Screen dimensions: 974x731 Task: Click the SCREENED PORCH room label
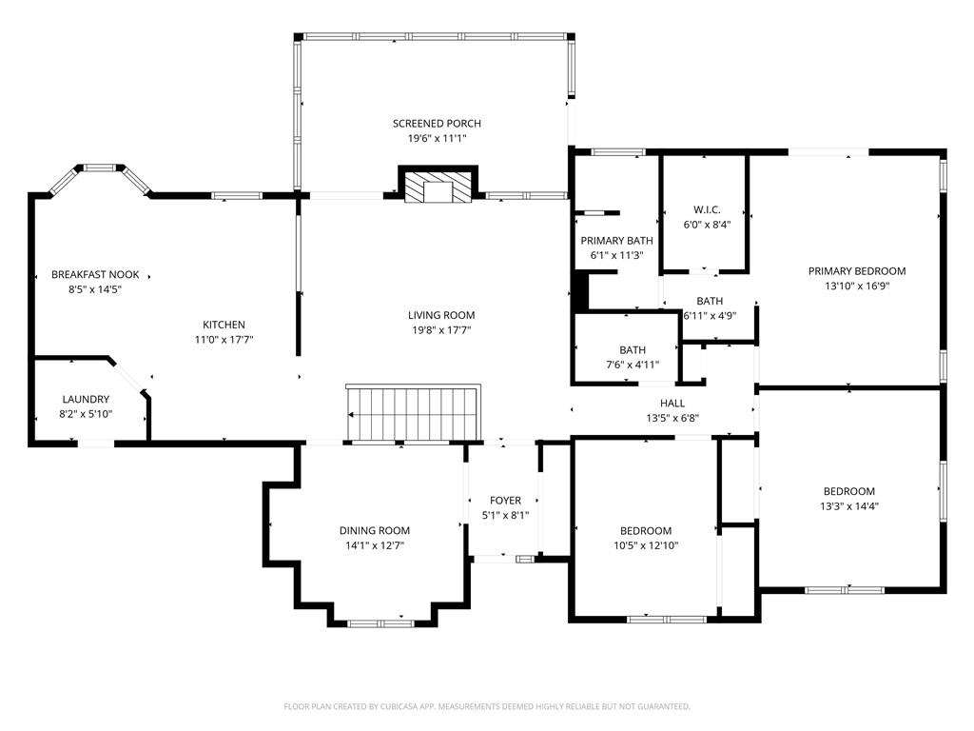437,124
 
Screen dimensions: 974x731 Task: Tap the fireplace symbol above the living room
438,185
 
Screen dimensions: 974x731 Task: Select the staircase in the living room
413,413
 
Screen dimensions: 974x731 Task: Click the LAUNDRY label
86,399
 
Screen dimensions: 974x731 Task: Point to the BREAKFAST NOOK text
95,275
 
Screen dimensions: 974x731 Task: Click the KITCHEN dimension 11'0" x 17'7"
224,340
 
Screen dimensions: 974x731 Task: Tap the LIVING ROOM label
441,315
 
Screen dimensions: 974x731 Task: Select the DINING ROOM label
375,530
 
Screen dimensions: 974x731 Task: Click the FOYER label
506,501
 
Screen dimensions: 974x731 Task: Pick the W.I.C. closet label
707,210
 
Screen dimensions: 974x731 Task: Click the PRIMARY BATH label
616,241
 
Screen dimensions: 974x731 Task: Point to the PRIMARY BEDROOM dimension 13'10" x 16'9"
857,286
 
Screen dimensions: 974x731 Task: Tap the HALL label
672,404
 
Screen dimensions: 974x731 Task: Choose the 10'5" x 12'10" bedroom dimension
646,545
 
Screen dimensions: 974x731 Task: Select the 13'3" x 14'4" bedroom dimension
849,506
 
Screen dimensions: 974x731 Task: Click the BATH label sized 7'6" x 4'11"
633,350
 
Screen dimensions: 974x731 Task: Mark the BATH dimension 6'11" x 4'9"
710,316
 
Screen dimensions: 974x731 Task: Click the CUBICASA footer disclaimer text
487,706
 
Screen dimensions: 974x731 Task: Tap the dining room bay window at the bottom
380,623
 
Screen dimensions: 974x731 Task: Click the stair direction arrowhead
351,415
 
